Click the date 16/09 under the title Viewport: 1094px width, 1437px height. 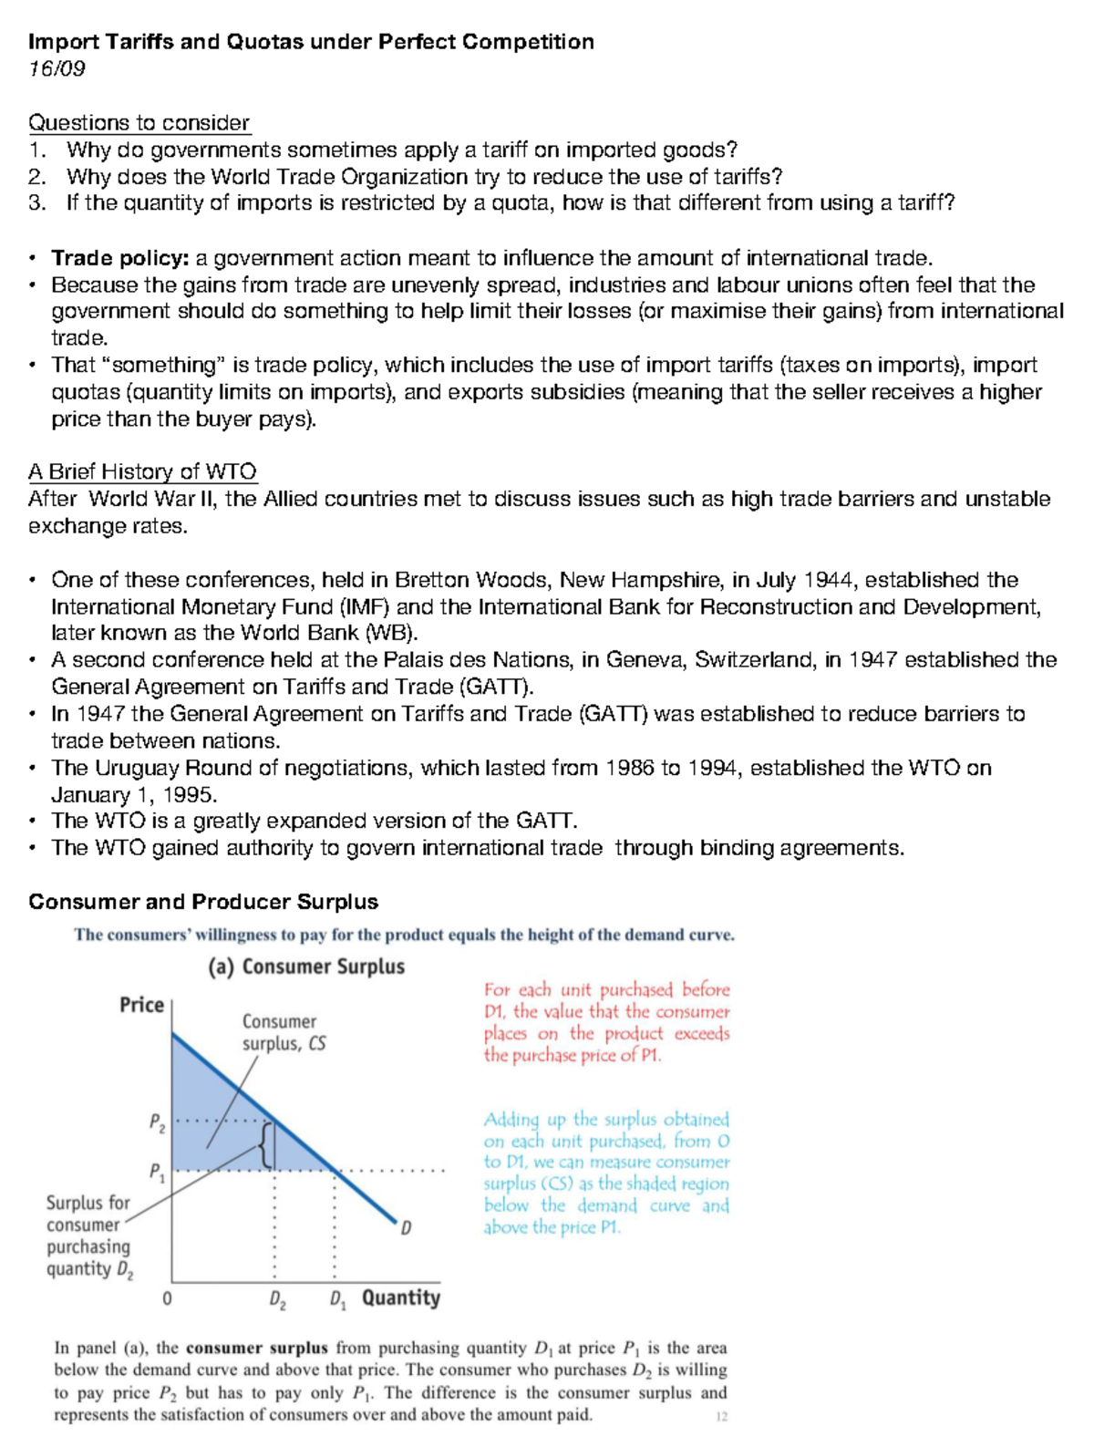click(x=57, y=68)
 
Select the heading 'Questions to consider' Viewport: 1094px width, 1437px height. click(x=139, y=123)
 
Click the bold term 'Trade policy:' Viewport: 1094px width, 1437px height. click(x=119, y=258)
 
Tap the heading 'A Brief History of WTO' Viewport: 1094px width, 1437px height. click(x=142, y=471)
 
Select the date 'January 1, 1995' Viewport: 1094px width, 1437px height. click(x=133, y=794)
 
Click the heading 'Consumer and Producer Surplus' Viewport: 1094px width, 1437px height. click(x=202, y=902)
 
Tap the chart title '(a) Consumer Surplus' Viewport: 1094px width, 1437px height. click(x=306, y=967)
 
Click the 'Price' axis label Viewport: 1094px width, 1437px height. click(x=141, y=1005)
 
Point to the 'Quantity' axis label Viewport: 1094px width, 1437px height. click(x=400, y=1297)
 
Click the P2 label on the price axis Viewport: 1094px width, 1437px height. click(x=157, y=1122)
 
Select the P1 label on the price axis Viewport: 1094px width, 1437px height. click(x=157, y=1172)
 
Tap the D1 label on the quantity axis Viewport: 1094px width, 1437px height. click(x=337, y=1300)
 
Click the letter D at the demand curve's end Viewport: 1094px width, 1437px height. click(x=406, y=1228)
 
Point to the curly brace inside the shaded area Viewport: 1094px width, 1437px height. click(x=264, y=1144)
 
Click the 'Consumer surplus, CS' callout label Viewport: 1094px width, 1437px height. click(x=283, y=1032)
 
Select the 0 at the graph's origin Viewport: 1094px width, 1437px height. click(x=167, y=1297)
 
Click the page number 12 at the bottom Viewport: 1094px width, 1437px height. click(x=721, y=1417)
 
